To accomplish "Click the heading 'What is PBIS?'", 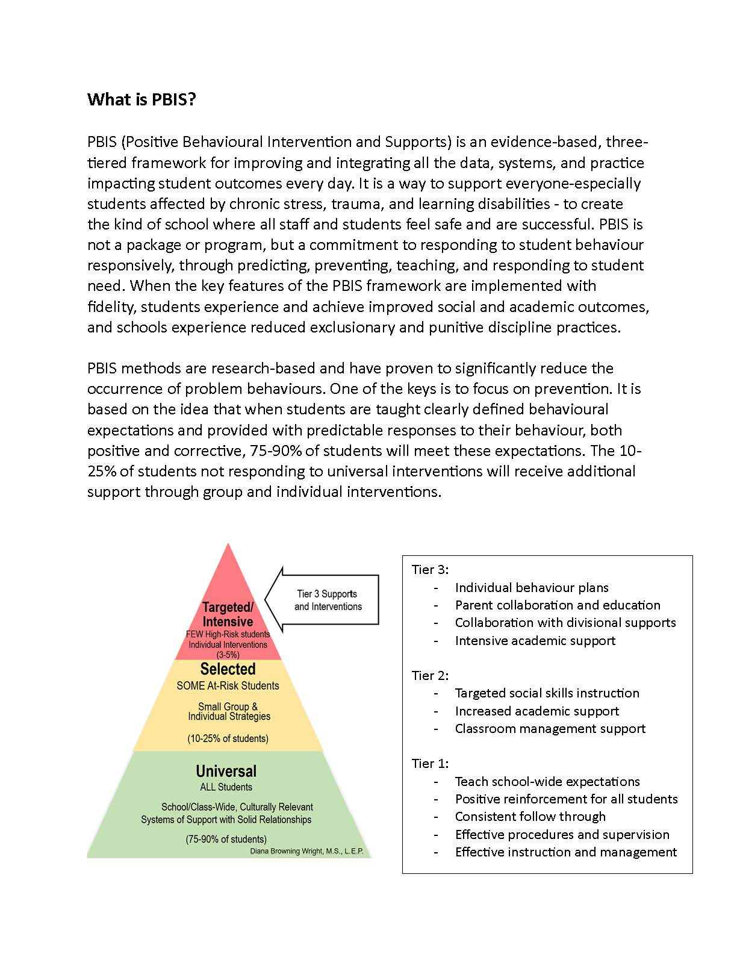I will point(141,99).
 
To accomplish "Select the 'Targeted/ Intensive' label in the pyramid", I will point(228,614).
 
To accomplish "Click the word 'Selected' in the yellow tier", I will point(228,669).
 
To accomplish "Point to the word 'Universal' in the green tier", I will point(226,772).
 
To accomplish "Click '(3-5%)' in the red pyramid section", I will point(228,655).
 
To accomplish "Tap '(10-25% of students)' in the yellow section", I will point(228,738).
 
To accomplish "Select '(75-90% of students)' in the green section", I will point(226,839).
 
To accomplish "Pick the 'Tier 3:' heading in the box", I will point(430,570).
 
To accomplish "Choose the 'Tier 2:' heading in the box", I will point(430,676).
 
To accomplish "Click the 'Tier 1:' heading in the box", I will point(430,764).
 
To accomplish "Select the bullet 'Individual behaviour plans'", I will point(532,588).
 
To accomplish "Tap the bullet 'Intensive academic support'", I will point(535,641).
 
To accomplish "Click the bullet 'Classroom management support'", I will point(550,729).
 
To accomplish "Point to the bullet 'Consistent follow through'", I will point(530,817).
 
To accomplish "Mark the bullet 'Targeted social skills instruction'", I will point(547,693).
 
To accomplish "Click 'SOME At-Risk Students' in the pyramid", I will point(228,686).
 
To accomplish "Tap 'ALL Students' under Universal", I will point(226,787).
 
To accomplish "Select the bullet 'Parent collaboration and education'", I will point(558,605).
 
